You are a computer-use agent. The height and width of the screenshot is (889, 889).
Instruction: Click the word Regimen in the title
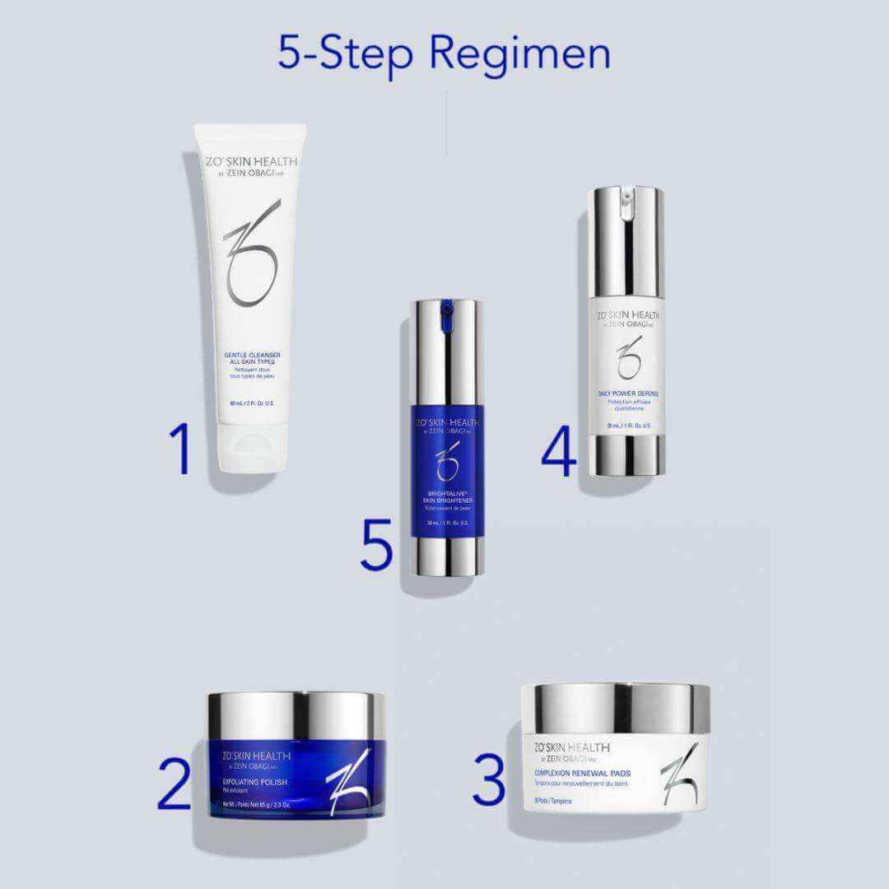pyautogui.click(x=519, y=53)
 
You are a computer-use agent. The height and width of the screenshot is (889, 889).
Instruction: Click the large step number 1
pyautogui.click(x=181, y=449)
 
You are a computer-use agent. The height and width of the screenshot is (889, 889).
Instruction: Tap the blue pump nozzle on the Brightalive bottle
pyautogui.click(x=446, y=310)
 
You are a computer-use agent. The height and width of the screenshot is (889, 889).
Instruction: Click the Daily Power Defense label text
pyautogui.click(x=628, y=394)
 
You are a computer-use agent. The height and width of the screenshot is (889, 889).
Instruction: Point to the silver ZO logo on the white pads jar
pyautogui.click(x=680, y=773)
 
